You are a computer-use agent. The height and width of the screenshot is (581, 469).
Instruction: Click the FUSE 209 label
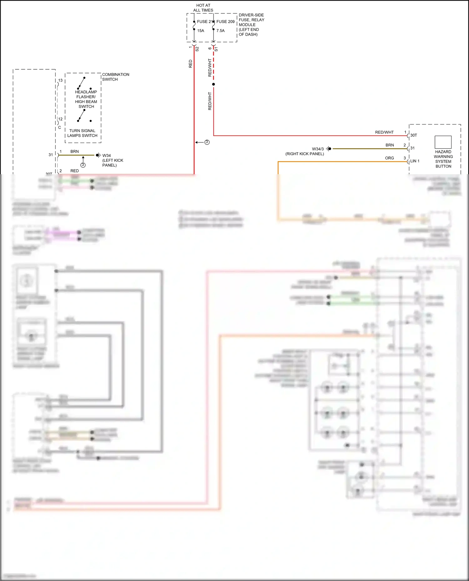225,22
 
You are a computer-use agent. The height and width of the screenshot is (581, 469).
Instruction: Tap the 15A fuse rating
201,31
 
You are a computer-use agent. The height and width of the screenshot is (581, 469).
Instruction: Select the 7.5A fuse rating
220,31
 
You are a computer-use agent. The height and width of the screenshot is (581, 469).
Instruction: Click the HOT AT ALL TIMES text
203,8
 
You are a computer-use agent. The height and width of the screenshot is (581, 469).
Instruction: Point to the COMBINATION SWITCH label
115,77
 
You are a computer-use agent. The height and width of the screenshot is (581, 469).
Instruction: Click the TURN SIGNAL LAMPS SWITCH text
82,133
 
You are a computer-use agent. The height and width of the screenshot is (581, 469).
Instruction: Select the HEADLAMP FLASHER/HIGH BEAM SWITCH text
86,99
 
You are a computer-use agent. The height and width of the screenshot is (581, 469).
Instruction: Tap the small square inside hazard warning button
443,142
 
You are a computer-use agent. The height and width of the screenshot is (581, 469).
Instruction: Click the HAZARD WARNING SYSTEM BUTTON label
443,159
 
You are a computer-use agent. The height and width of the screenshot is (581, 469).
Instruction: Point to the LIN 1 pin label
415,161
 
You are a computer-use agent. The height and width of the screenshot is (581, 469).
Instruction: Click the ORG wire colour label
389,158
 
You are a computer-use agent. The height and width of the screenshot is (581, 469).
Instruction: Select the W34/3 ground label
318,149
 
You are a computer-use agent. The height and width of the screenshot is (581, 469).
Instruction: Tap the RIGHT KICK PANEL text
305,154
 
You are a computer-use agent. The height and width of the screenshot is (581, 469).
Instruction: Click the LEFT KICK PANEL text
113,163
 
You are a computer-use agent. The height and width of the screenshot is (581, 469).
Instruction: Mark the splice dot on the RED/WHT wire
214,84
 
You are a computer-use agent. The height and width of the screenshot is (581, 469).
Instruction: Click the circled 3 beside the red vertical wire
207,142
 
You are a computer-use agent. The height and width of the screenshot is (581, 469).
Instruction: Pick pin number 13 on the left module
60,80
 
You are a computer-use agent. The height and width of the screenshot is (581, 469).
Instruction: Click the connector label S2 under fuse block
197,49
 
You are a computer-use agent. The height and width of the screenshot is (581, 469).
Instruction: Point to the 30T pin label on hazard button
413,135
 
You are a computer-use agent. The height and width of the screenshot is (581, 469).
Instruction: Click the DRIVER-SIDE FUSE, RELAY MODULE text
251,25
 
